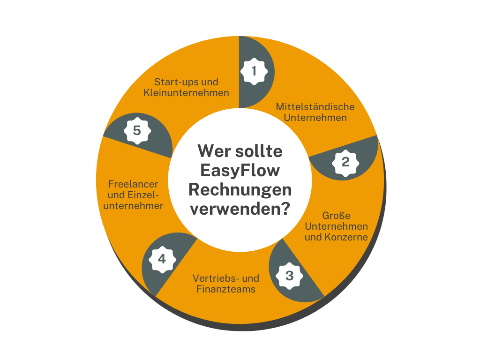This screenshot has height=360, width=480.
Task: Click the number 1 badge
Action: (x=254, y=71)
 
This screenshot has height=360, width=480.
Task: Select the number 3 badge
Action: (x=289, y=276)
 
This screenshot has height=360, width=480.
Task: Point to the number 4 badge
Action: (x=162, y=260)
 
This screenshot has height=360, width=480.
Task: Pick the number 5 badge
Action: (x=137, y=131)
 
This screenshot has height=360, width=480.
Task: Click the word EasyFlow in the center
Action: (x=240, y=171)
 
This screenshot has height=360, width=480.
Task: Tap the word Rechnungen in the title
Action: (x=240, y=190)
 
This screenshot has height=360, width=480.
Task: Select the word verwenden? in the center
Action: (x=240, y=209)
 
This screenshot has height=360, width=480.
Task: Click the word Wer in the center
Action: (x=213, y=151)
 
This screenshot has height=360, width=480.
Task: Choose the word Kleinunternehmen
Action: (x=186, y=93)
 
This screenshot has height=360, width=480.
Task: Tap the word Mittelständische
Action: (x=315, y=107)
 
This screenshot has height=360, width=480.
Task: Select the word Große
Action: (x=336, y=216)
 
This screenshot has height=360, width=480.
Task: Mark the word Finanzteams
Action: (x=226, y=289)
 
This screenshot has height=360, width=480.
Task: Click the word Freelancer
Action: (x=133, y=184)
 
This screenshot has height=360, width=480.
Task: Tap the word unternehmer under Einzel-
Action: (x=133, y=206)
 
